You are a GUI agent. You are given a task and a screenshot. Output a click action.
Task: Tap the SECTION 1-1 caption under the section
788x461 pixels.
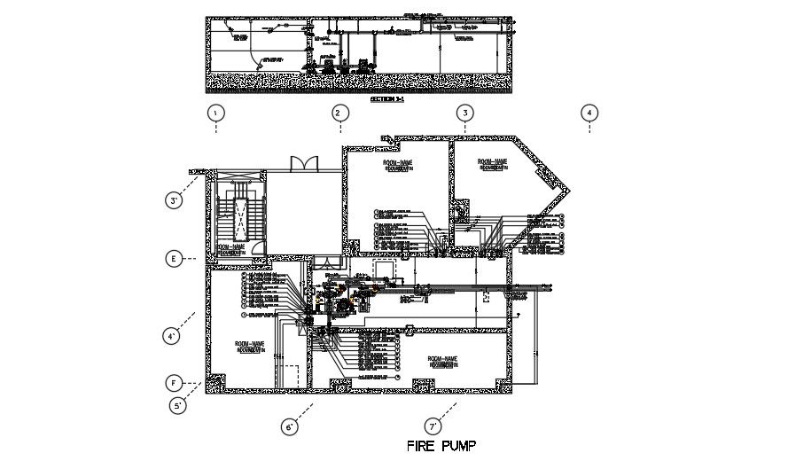click(386, 100)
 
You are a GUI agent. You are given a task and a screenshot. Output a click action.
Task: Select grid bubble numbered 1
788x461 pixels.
click(215, 113)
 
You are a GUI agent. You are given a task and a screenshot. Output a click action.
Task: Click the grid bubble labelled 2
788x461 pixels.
click(338, 113)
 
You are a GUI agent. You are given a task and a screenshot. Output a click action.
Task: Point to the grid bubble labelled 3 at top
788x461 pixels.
click(464, 113)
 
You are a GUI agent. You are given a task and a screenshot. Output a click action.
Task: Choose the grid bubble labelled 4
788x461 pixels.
click(589, 113)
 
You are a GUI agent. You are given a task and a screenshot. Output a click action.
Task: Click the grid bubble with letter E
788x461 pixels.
click(176, 259)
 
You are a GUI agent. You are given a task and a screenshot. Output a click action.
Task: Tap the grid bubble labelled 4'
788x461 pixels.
click(175, 336)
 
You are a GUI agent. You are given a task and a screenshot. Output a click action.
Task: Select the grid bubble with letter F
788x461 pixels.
click(176, 383)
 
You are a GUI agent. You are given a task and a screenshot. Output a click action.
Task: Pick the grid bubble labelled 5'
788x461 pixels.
click(178, 405)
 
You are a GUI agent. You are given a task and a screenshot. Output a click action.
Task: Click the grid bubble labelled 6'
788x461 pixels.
click(289, 427)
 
